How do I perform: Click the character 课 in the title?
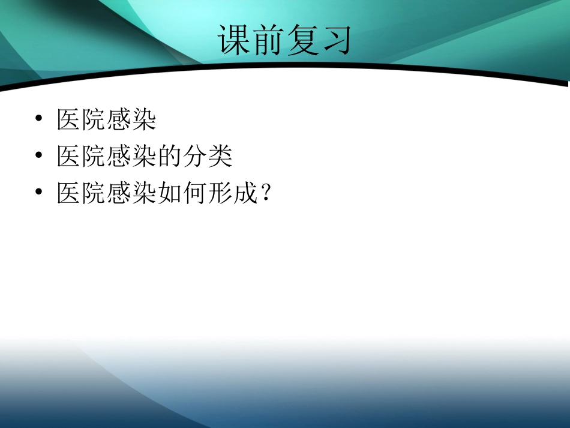[235, 41]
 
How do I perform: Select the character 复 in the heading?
[302, 41]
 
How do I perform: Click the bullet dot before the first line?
[39, 120]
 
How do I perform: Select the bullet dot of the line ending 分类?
[39, 157]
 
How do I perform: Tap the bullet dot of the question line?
[39, 193]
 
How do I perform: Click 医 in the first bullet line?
[69, 120]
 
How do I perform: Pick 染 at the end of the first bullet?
[145, 120]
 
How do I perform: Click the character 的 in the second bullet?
[170, 157]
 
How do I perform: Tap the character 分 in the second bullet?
[195, 157]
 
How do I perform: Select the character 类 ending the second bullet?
[220, 157]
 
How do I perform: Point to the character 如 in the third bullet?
[170, 193]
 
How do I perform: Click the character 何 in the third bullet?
[195, 193]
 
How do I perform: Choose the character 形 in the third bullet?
[220, 193]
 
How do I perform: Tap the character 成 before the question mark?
[245, 193]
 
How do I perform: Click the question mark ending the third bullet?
[266, 193]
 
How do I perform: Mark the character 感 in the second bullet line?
[119, 157]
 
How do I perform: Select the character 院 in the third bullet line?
[94, 193]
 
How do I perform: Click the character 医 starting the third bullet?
[69, 193]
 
